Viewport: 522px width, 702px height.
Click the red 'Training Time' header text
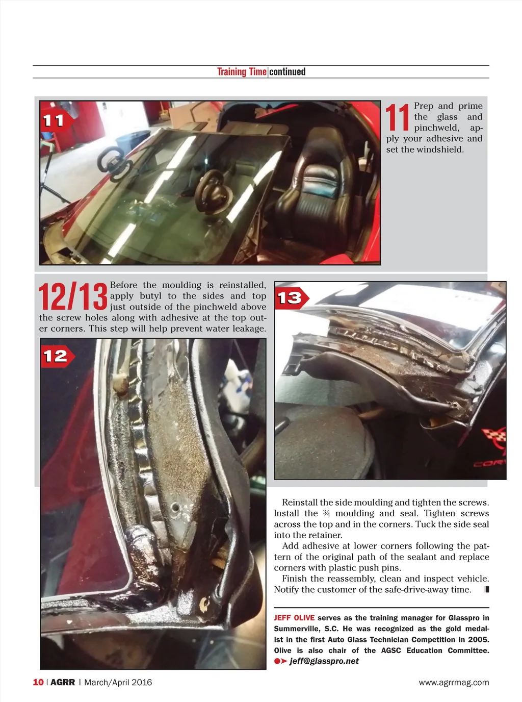242,72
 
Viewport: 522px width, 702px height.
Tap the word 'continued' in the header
288,72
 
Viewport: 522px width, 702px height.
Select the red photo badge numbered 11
56,120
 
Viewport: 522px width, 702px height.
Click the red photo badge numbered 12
57,357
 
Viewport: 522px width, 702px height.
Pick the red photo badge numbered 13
292,298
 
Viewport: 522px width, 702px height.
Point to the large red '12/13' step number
73,296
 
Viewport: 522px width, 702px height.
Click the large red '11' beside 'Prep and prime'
398,117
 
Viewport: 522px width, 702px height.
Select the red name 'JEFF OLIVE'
294,617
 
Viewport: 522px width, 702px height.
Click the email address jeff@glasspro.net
324,661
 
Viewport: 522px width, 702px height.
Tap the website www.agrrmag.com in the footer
454,683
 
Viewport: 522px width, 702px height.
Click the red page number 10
38,682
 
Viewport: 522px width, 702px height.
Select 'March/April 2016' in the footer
118,682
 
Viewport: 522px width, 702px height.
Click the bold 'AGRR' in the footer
63,682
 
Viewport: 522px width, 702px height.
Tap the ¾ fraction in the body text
326,513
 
